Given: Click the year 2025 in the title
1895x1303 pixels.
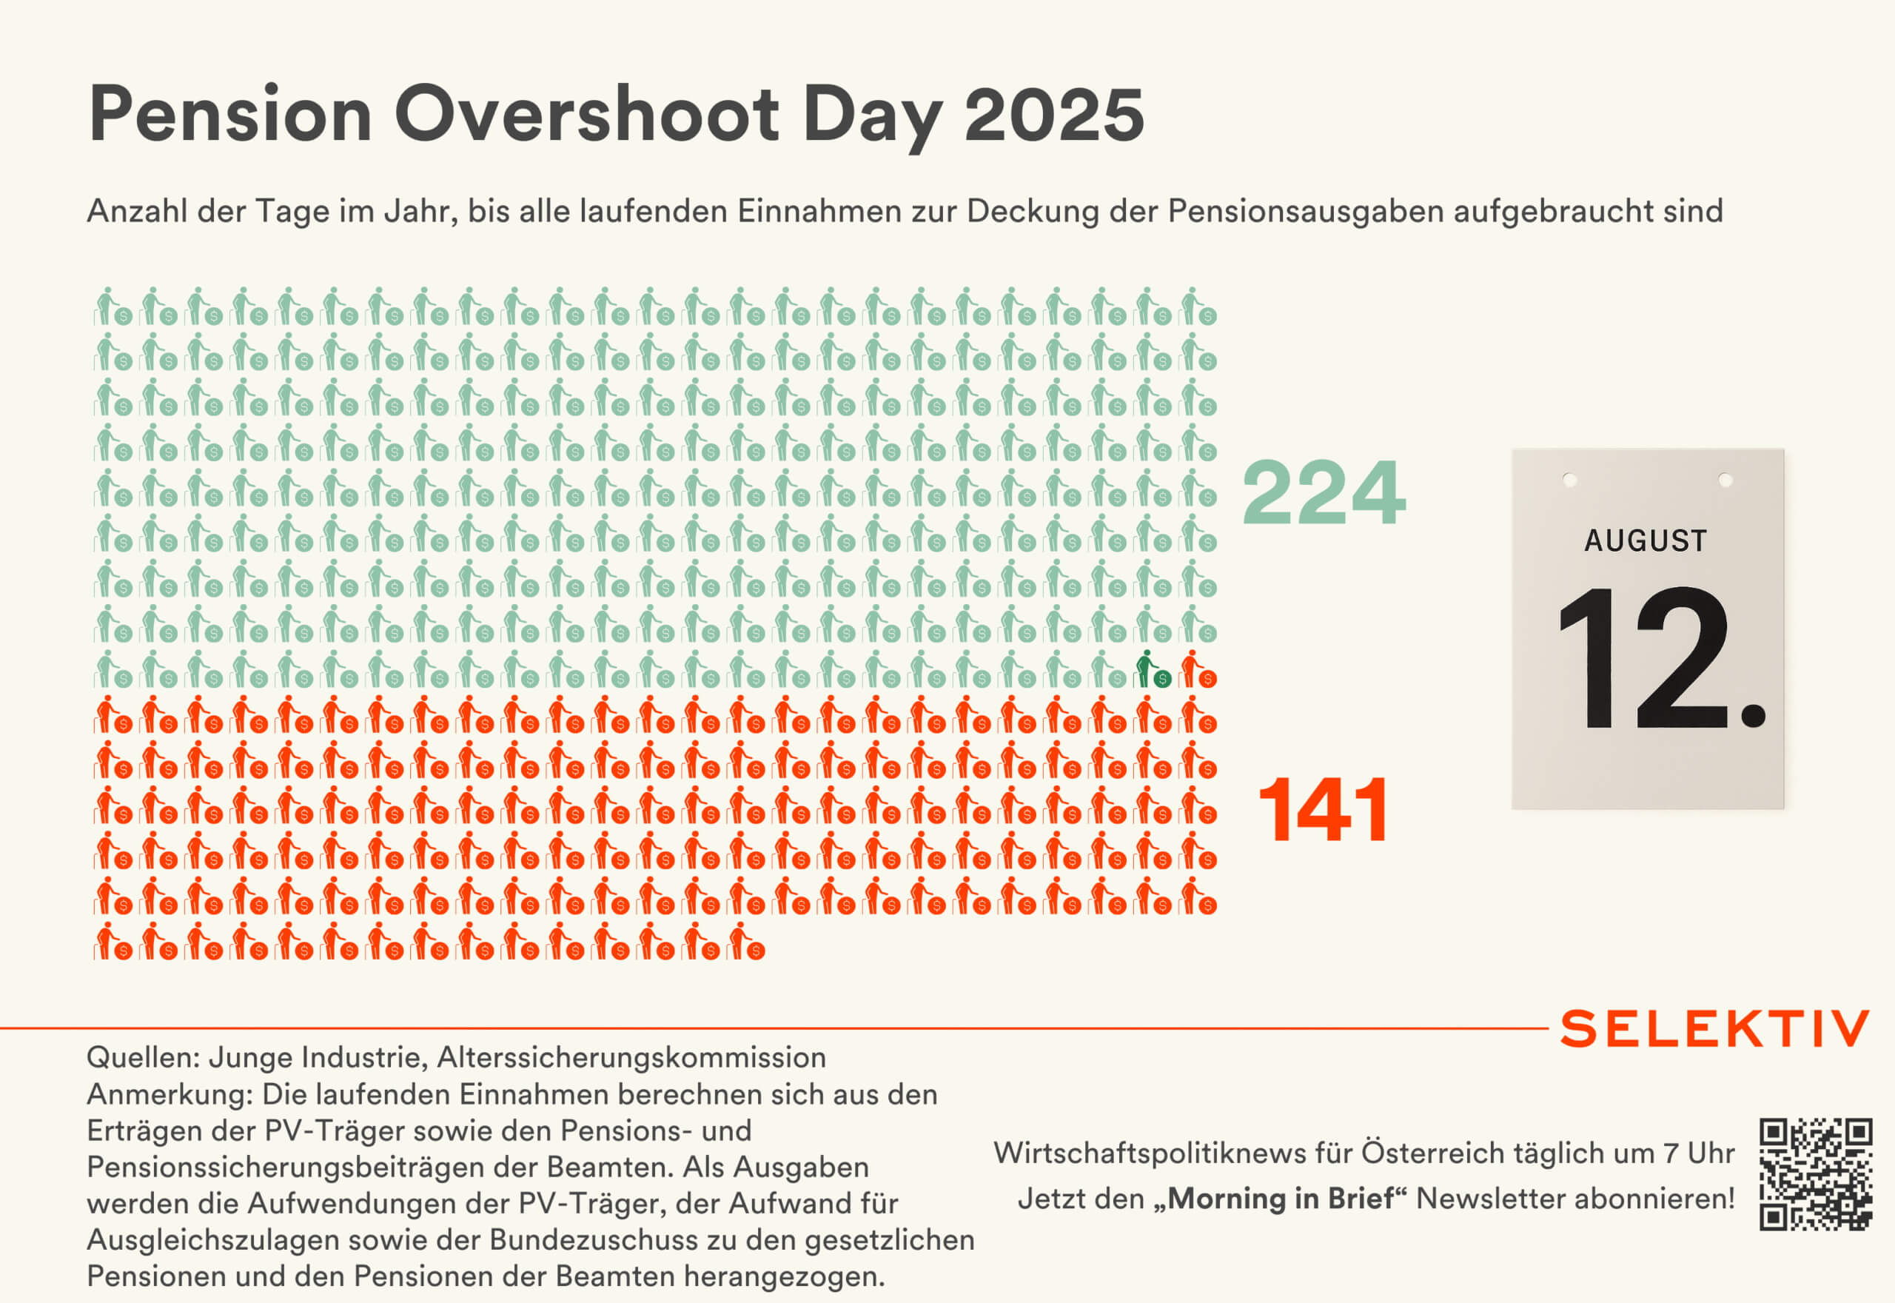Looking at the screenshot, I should (x=1053, y=115).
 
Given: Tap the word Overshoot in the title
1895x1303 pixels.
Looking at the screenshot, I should (x=586, y=115).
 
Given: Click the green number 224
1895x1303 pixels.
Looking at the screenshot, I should (x=1324, y=493).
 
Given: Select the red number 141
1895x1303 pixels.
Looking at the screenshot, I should (x=1324, y=809).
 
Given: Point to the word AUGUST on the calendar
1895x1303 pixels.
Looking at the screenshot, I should (x=1646, y=540).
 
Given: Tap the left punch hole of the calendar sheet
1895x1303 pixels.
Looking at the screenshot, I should (x=1569, y=480).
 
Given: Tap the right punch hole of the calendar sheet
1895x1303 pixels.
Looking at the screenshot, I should (x=1725, y=480).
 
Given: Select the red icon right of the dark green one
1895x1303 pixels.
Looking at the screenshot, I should (x=1198, y=669).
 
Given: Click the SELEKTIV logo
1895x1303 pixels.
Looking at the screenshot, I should (x=1714, y=1028).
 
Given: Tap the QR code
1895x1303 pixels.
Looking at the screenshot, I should (x=1815, y=1174).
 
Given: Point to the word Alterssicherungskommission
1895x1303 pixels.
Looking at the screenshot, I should (x=631, y=1057).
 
